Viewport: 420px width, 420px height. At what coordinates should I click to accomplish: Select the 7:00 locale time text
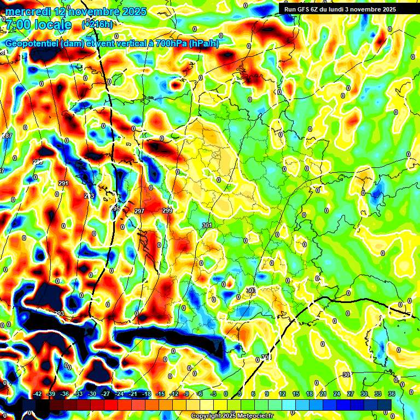point(38,25)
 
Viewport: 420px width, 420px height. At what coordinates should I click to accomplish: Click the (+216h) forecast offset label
point(97,24)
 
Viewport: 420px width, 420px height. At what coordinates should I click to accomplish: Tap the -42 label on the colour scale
point(38,394)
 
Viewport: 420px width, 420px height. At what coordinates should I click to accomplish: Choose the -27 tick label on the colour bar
point(106,394)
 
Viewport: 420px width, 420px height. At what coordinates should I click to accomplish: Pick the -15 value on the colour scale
point(160,394)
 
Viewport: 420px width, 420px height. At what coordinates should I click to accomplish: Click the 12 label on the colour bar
point(282,394)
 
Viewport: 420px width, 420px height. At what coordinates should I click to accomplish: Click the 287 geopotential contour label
point(7,136)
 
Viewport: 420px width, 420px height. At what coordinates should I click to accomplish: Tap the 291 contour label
point(63,183)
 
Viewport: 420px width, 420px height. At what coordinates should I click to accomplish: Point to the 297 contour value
point(139,211)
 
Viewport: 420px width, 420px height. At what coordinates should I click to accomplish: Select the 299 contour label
point(167,211)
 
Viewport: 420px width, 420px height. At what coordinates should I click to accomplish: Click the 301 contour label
point(207,225)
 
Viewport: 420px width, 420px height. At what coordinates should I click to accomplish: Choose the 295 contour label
point(115,208)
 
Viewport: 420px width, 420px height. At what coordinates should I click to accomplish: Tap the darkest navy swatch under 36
point(385,405)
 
